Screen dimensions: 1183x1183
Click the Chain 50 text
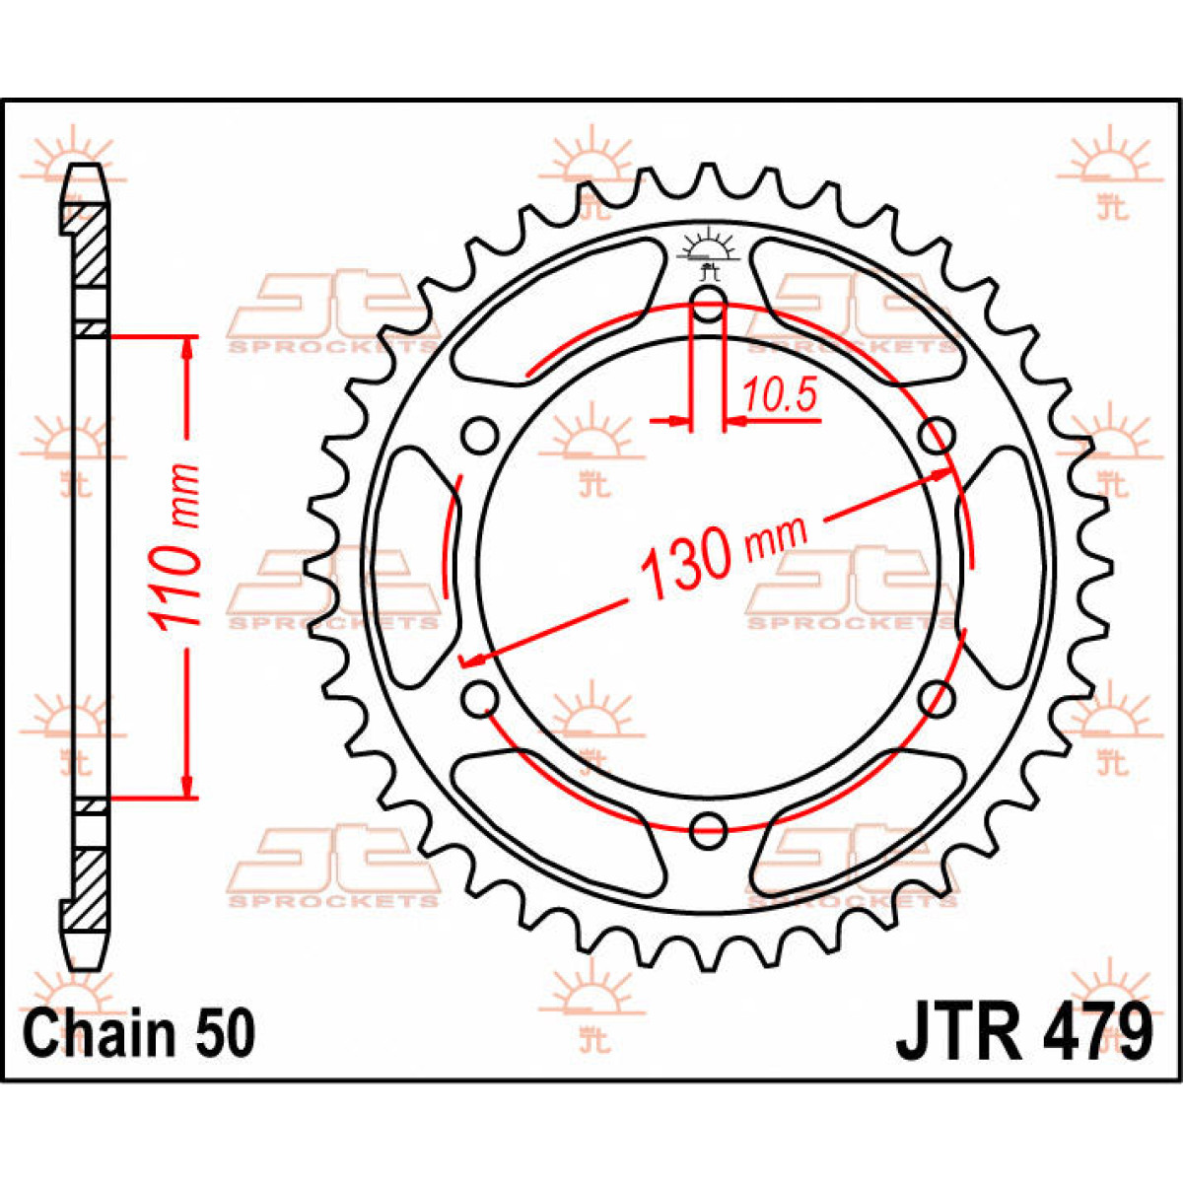click(x=139, y=1033)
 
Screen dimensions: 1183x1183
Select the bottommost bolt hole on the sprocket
click(x=708, y=829)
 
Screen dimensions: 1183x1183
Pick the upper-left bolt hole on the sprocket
click(x=480, y=435)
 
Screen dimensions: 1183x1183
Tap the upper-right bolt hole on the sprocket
click(x=937, y=435)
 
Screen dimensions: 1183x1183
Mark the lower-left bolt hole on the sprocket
click(x=480, y=699)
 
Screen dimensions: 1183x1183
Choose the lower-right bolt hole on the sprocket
click(x=937, y=699)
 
